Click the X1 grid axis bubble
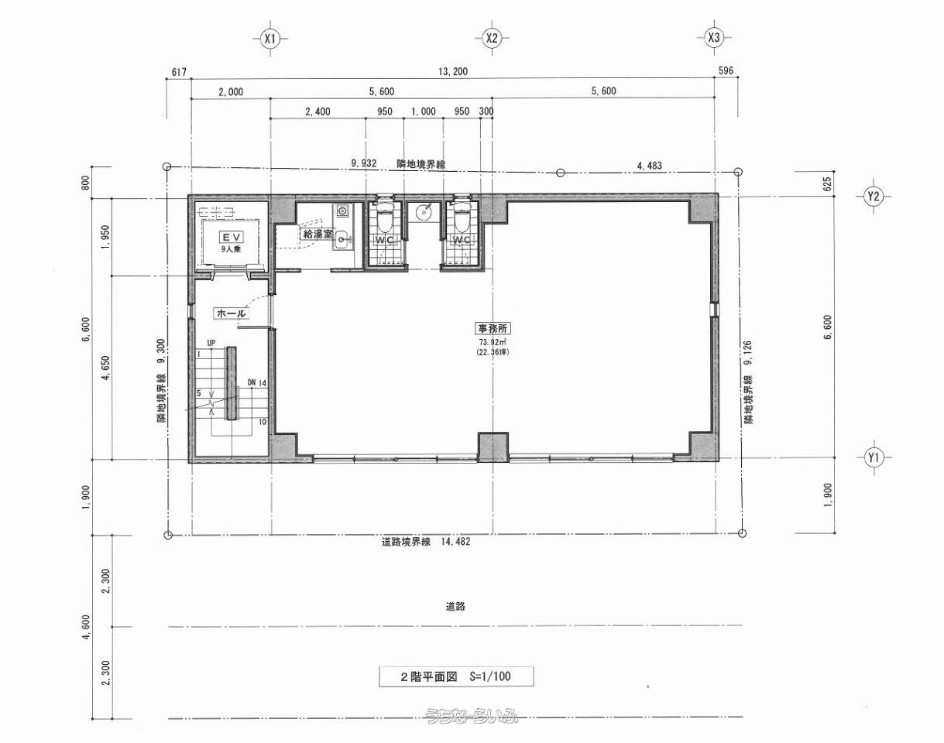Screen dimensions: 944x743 270,39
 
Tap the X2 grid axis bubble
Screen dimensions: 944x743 492,38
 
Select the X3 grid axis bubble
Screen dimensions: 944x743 714,38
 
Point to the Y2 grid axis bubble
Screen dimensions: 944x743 874,196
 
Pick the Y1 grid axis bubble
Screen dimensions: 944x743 874,457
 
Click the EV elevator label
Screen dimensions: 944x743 232,237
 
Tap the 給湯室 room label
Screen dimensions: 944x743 318,234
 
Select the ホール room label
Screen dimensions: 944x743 232,313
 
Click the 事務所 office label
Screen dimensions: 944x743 493,328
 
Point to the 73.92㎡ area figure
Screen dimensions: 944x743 493,342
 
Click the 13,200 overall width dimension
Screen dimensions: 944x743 453,71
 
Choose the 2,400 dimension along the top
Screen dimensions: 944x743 318,111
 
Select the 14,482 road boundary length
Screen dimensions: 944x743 456,541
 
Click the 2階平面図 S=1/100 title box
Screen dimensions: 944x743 456,676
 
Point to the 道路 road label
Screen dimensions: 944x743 455,607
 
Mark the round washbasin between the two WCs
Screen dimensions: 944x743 424,213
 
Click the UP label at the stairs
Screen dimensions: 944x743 211,343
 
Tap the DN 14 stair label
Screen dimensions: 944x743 257,382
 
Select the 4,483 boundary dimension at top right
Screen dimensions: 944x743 649,166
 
